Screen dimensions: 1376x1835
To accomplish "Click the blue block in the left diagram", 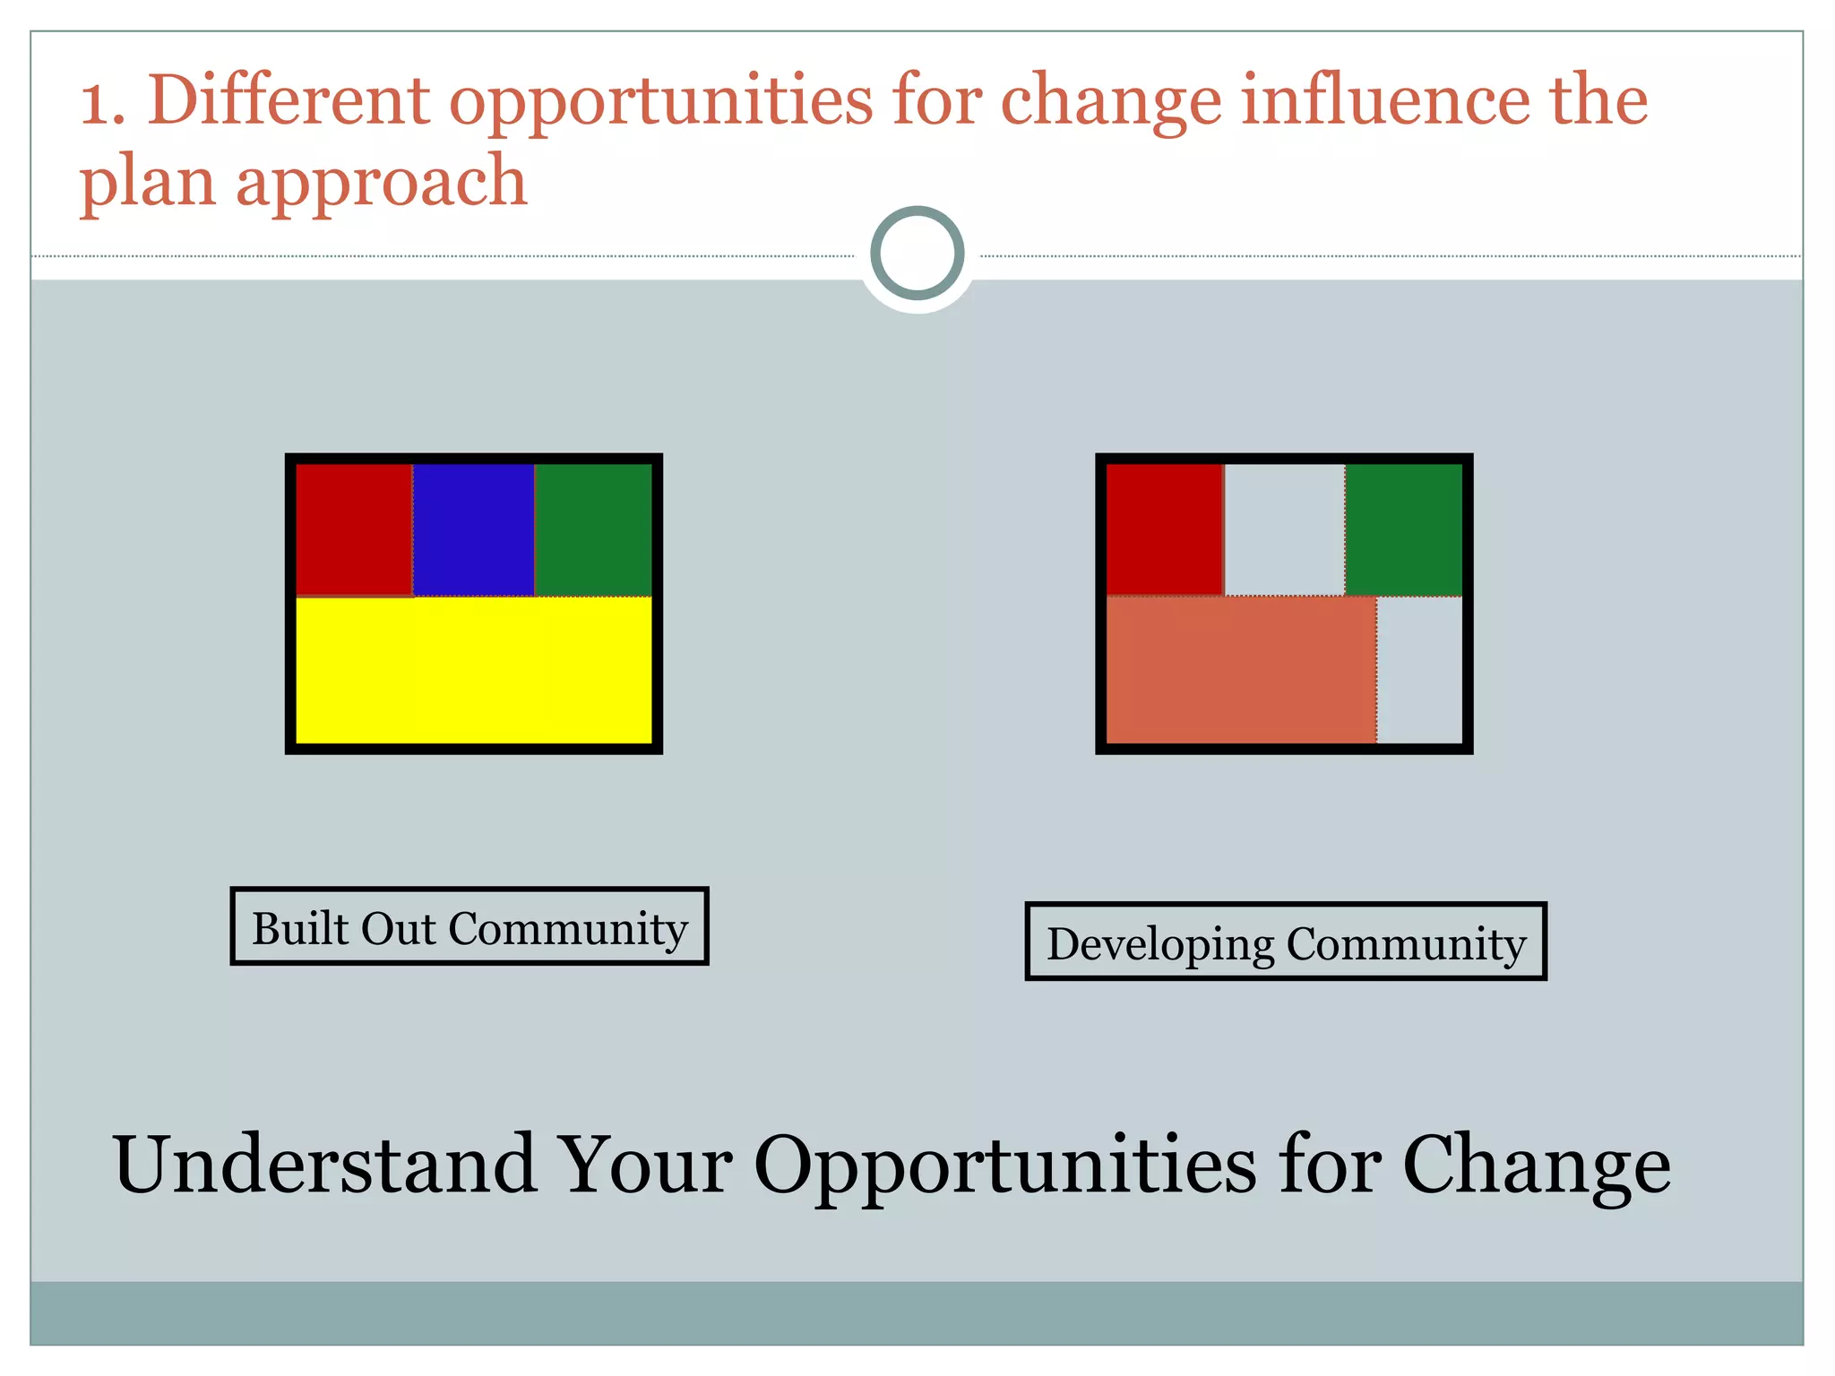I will (x=473, y=529).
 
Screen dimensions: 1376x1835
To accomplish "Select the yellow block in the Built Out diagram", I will (x=473, y=670).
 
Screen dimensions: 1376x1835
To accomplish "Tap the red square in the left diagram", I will (x=354, y=529).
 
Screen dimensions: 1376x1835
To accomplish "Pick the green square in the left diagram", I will (x=593, y=529).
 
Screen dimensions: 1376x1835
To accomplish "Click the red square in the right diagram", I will (x=1164, y=529).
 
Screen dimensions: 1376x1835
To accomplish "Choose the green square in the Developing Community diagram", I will (x=1403, y=529).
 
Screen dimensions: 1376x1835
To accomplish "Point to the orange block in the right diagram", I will (x=1241, y=670).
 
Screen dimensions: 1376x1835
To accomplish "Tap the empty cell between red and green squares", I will (x=1284, y=529).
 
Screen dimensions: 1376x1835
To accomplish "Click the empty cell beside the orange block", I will (x=1419, y=670).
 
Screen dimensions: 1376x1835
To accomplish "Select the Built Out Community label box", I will (x=470, y=926).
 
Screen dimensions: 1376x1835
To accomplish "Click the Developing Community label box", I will (x=1286, y=942).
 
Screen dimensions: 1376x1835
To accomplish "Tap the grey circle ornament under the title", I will (x=917, y=254).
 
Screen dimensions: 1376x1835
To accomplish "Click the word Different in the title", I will (x=289, y=99).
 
